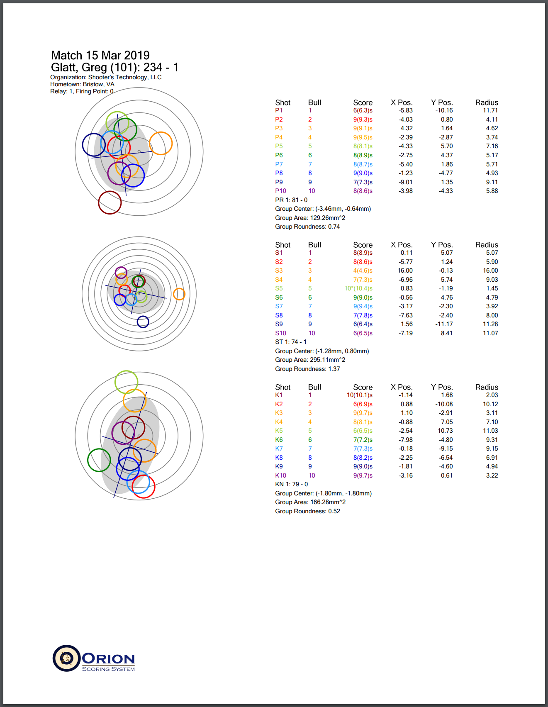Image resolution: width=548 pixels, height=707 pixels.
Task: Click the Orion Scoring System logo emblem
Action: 66,658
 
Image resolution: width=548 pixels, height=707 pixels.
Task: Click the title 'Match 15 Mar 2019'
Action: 100,55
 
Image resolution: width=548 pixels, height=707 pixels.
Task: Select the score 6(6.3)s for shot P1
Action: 363,110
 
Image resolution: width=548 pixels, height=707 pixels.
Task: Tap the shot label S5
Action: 279,288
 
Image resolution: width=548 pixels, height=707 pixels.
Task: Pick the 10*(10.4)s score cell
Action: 358,288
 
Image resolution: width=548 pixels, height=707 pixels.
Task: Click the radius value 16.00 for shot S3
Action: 490,271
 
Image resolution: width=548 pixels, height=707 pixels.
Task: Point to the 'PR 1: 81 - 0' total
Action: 291,200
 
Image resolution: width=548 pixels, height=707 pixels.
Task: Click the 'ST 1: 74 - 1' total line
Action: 291,342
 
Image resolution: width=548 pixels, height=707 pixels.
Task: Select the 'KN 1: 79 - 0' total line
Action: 291,484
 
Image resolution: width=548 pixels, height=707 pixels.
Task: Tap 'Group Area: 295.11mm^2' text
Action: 310,360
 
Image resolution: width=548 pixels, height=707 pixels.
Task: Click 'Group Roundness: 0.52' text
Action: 307,511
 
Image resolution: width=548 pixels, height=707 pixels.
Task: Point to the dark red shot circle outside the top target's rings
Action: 110,202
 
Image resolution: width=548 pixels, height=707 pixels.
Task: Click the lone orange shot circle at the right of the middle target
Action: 179,294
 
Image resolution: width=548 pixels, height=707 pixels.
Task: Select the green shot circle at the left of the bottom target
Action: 99,460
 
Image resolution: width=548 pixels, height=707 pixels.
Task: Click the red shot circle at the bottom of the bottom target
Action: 143,487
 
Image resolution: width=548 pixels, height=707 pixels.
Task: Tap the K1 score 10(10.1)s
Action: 359,395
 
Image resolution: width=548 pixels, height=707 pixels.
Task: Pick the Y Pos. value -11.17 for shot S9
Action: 444,324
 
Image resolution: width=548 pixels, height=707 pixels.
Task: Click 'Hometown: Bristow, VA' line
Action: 82,84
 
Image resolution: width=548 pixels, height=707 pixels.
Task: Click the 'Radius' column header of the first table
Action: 486,102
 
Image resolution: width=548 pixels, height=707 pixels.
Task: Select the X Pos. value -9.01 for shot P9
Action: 405,182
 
